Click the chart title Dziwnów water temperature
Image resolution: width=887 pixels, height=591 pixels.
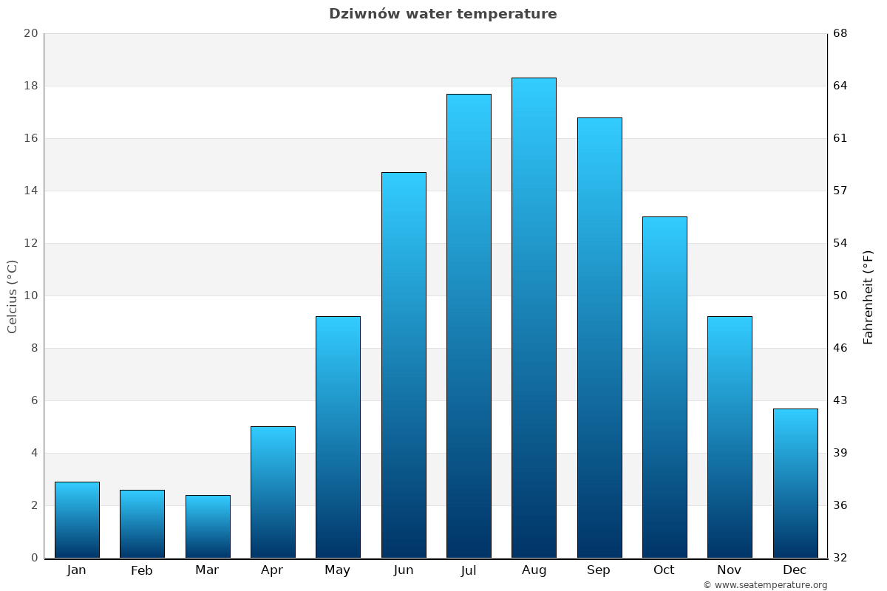point(443,14)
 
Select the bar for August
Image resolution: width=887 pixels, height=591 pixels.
point(534,318)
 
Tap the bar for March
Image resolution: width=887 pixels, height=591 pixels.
point(208,526)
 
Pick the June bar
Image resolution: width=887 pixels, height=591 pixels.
point(404,365)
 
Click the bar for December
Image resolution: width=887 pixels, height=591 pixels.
point(795,483)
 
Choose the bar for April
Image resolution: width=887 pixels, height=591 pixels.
point(273,492)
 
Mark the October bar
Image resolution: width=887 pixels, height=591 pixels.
point(665,387)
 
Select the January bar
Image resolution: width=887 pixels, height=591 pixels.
point(77,519)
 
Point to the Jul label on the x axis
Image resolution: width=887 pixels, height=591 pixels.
point(469,570)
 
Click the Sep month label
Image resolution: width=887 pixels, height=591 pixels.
point(599,570)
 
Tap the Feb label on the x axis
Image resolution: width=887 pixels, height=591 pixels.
point(142,570)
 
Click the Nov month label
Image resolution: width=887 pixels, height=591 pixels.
point(730,570)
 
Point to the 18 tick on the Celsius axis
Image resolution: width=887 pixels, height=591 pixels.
point(31,86)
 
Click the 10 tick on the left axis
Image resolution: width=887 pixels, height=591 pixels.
point(31,295)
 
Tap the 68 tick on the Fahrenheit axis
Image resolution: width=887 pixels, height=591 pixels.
point(840,33)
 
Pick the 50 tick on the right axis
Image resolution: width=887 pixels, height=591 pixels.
point(840,295)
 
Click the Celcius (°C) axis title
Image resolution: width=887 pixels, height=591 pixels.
point(13,296)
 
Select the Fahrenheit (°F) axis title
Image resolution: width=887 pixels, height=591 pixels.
point(869,296)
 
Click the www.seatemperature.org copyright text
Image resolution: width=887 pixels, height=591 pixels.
point(765,585)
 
